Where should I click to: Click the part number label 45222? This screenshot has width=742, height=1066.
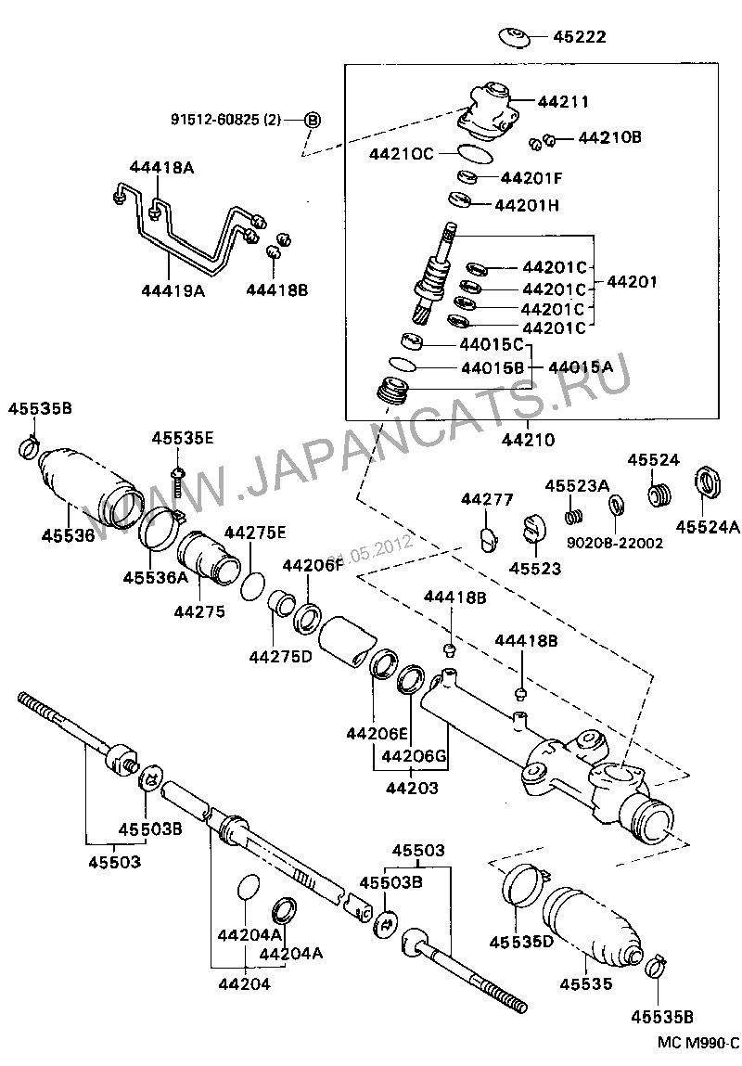click(580, 37)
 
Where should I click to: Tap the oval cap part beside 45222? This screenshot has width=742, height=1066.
click(514, 37)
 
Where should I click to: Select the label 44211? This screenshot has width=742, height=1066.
click(563, 101)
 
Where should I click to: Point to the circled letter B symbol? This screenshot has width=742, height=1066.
click(313, 120)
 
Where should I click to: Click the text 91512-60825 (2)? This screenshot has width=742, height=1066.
click(225, 120)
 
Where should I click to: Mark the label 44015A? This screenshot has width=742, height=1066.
click(580, 366)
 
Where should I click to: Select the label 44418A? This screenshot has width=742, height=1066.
click(161, 167)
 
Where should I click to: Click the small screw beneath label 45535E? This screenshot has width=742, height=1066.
click(177, 479)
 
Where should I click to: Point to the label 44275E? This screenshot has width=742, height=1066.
click(255, 532)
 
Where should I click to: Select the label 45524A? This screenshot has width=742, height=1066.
click(708, 527)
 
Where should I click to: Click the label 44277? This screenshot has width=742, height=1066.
click(487, 500)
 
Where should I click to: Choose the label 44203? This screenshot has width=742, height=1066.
click(412, 787)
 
